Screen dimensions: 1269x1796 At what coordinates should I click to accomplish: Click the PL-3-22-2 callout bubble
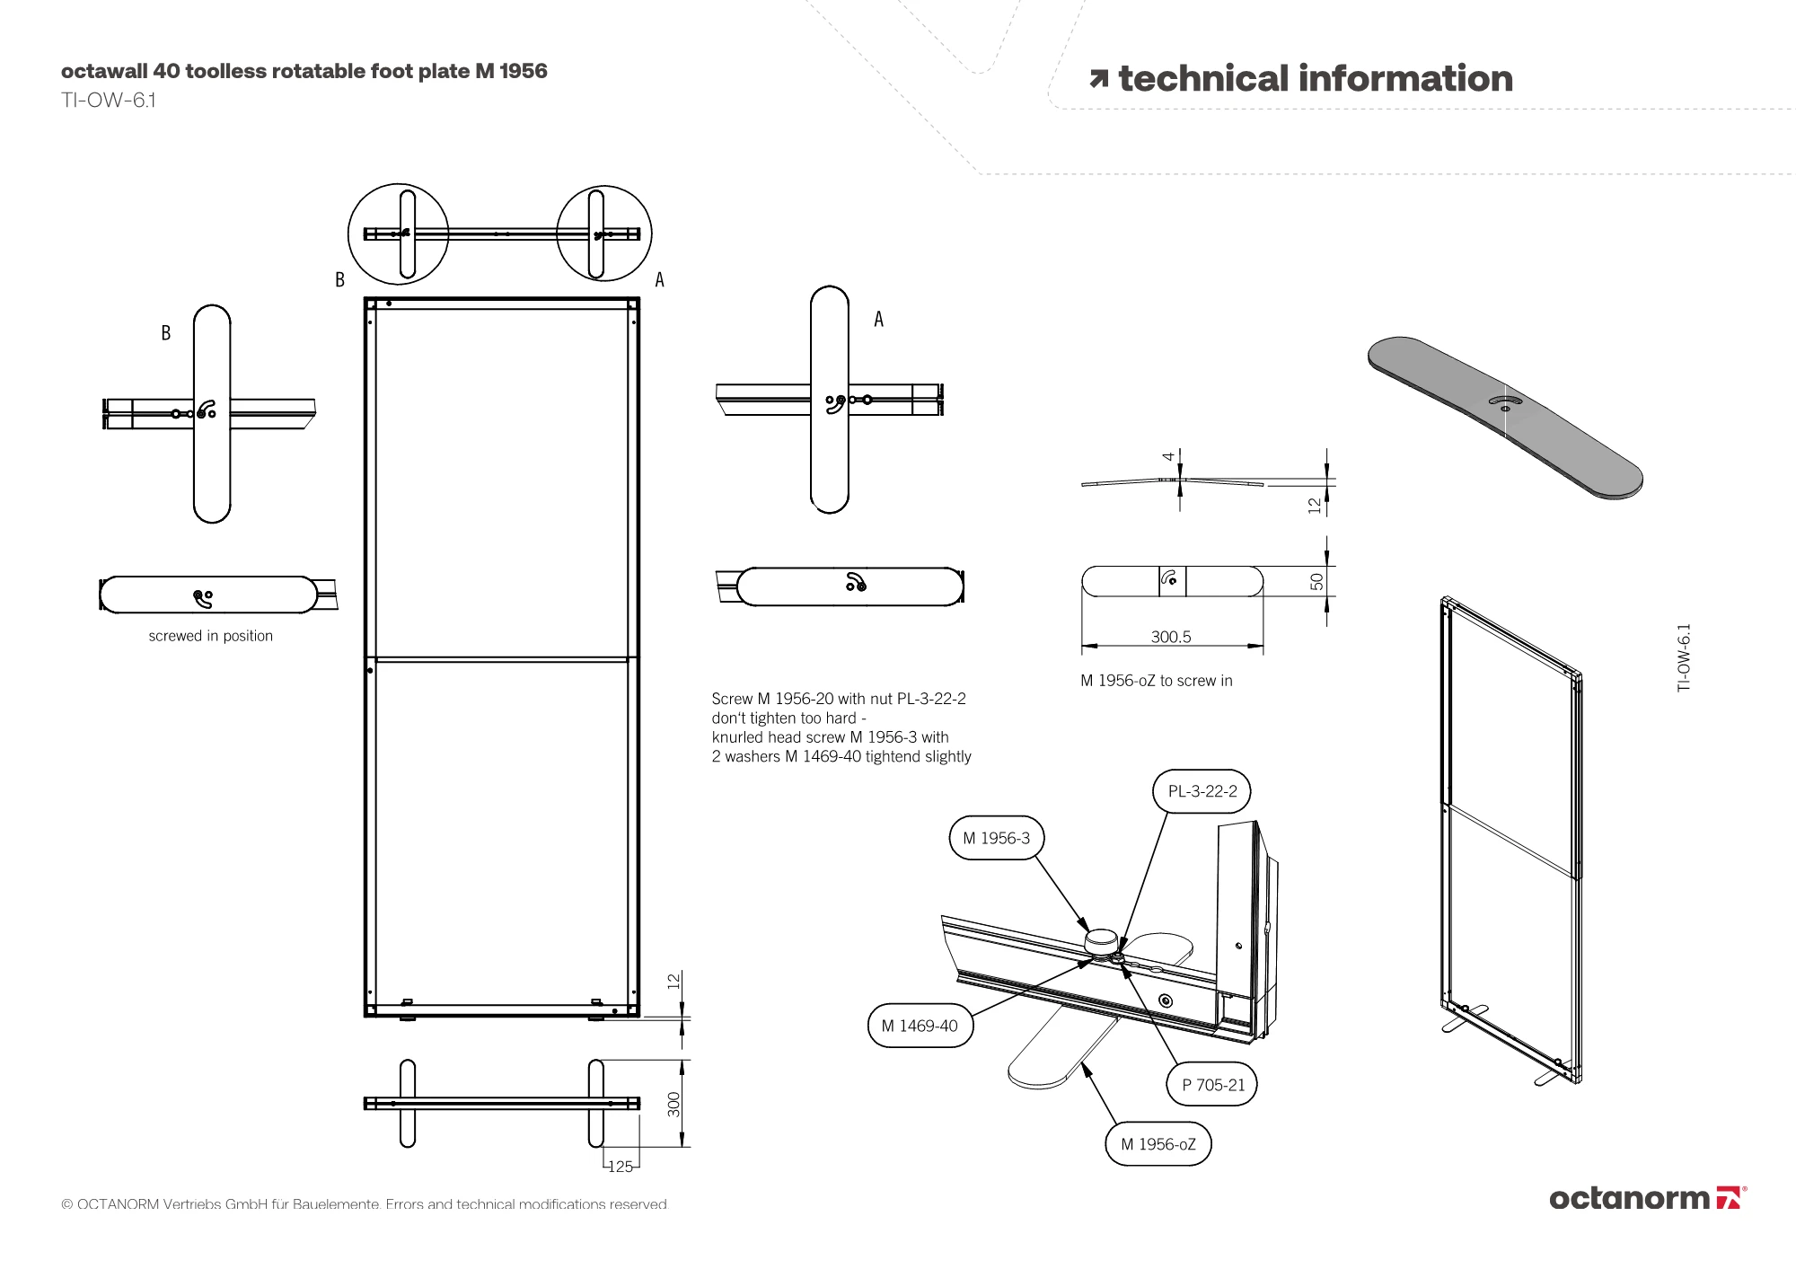coord(1202,791)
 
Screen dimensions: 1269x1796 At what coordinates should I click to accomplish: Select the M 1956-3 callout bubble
coord(996,838)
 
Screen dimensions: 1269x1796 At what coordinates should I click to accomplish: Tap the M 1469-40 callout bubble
coord(920,1026)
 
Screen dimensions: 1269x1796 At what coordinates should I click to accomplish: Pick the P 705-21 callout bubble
coord(1212,1085)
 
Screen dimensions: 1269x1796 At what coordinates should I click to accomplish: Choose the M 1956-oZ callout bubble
coord(1158,1144)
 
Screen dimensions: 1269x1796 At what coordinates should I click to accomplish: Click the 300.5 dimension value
coord(1171,637)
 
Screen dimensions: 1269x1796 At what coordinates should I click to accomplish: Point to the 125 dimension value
coord(621,1167)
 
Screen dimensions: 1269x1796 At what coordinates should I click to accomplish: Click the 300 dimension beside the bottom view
coord(674,1104)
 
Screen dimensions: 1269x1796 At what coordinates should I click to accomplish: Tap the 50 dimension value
coord(1316,582)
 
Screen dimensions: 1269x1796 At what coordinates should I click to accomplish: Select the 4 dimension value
coord(1168,456)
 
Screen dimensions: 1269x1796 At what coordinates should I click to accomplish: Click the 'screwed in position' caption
coord(211,636)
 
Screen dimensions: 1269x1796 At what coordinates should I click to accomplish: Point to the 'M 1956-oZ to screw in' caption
coord(1156,681)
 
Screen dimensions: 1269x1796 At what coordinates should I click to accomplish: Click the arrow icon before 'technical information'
coord(1098,79)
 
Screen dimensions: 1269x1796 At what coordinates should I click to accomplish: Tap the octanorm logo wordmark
coord(1629,1198)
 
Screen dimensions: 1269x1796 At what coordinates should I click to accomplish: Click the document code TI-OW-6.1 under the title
coord(109,100)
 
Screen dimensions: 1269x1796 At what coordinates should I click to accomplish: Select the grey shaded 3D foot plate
coord(1505,416)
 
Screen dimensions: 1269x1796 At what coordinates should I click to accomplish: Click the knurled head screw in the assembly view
coord(1102,943)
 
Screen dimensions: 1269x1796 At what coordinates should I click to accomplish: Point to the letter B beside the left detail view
coord(166,333)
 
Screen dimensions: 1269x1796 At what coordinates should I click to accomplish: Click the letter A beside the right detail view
coord(878,320)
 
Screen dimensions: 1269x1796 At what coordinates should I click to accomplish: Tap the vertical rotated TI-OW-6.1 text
coord(1684,657)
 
